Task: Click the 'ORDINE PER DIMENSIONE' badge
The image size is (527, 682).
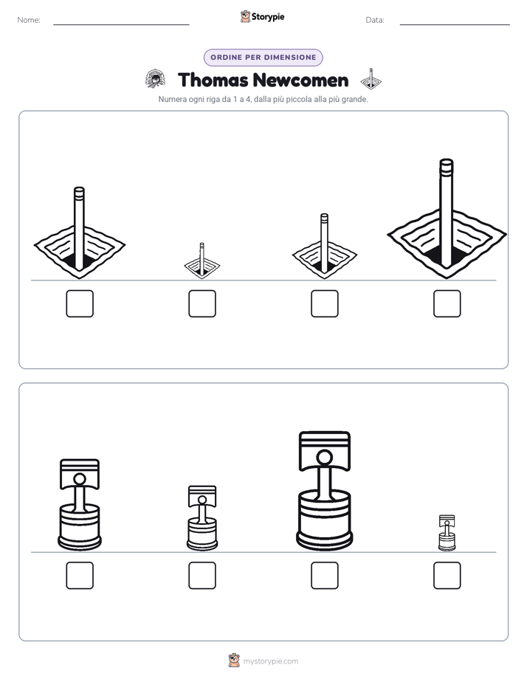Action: click(263, 58)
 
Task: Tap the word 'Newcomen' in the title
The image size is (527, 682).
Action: click(300, 80)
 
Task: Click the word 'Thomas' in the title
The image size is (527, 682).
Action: click(213, 80)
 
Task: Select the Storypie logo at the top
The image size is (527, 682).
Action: click(263, 16)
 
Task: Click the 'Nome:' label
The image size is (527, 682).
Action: click(29, 20)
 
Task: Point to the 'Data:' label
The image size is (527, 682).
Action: click(375, 20)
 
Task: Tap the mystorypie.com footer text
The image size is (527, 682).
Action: click(270, 661)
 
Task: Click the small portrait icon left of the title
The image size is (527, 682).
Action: click(155, 79)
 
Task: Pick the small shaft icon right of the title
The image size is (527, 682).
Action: click(371, 79)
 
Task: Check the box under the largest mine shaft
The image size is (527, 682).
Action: click(447, 303)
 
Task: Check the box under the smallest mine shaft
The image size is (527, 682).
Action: click(202, 303)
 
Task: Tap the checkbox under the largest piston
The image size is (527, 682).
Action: click(325, 576)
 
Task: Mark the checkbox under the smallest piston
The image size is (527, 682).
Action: click(447, 576)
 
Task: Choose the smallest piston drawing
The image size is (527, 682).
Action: click(447, 533)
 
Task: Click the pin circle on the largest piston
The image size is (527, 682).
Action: click(324, 458)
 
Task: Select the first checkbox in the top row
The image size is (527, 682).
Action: click(80, 303)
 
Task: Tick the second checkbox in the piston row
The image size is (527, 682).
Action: click(202, 576)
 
